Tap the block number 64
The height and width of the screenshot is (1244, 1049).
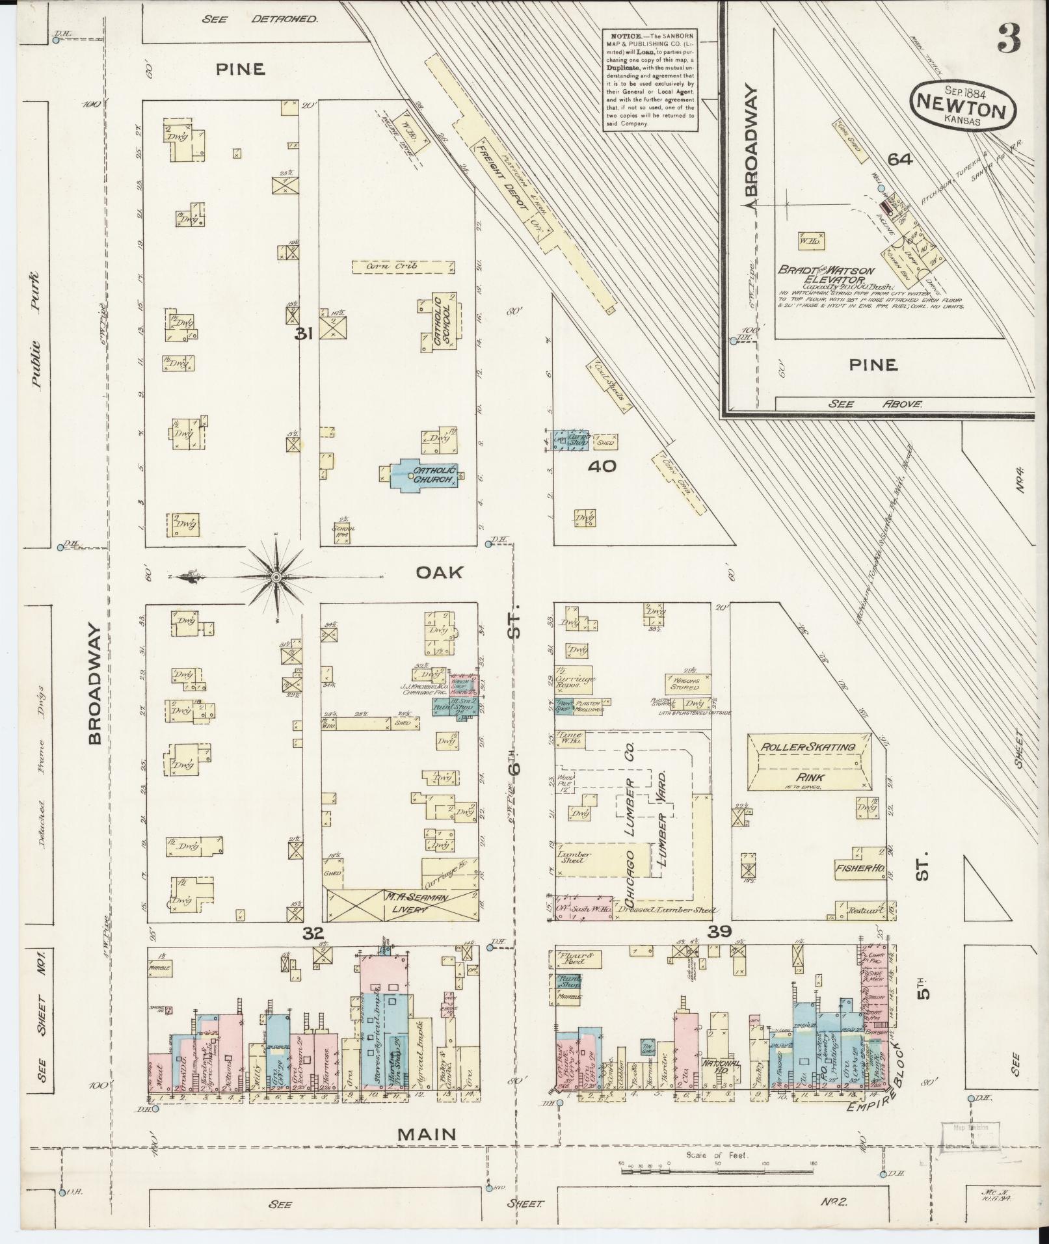pyautogui.click(x=901, y=159)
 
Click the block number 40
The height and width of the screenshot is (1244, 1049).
pyautogui.click(x=602, y=466)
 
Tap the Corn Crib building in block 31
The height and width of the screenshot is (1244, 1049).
pyautogui.click(x=403, y=267)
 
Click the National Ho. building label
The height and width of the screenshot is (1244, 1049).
pyautogui.click(x=718, y=1066)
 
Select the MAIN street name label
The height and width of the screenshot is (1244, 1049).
pyautogui.click(x=436, y=1133)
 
